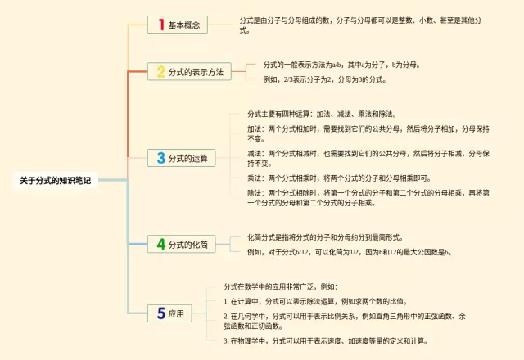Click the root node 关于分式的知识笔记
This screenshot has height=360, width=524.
(x=55, y=181)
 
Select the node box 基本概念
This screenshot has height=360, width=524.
(x=178, y=25)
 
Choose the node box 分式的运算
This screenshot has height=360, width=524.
(x=183, y=157)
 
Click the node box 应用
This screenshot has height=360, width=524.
(x=170, y=313)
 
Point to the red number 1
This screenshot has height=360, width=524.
(x=160, y=25)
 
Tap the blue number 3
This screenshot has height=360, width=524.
(x=160, y=157)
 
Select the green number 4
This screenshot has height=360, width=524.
(x=160, y=244)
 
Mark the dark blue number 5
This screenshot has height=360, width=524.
(x=160, y=313)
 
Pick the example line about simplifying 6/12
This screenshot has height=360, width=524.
(x=349, y=252)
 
